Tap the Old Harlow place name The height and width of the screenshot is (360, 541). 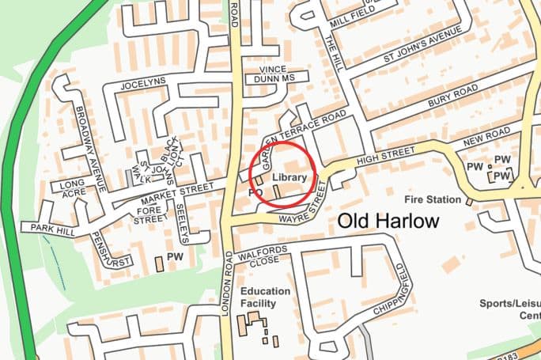(388, 222)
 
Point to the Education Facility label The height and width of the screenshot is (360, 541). (265, 297)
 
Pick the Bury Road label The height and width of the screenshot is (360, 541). (454, 104)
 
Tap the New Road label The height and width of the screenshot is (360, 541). (485, 140)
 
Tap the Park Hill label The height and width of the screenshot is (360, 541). (51, 228)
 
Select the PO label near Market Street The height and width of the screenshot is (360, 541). (255, 192)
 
